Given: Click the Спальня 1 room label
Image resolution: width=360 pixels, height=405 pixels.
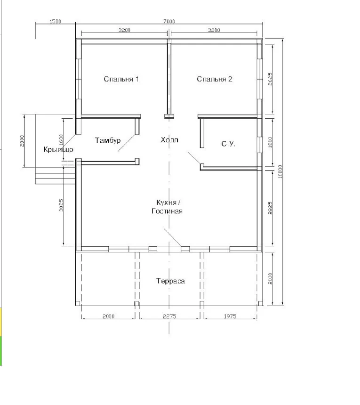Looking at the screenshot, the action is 121,79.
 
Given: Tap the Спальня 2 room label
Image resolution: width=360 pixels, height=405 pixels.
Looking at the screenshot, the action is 215,79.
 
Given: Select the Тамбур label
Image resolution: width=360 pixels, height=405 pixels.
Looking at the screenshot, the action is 108,140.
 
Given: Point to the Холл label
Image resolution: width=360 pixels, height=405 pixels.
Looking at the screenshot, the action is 169,140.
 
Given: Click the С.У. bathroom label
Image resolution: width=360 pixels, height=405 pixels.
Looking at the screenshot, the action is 228,144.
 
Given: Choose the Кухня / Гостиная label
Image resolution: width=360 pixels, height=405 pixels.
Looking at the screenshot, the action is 167,207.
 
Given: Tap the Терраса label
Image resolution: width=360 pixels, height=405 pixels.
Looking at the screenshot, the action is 170,281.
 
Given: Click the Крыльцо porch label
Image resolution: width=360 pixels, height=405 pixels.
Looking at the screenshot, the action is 58,149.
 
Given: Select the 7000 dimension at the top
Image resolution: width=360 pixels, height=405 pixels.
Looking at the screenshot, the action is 169,21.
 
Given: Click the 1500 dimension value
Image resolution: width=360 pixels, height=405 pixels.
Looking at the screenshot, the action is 55,21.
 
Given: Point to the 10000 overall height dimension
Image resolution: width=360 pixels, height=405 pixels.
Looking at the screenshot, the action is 280,171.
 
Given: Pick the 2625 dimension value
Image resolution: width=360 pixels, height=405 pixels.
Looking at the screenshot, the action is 270,79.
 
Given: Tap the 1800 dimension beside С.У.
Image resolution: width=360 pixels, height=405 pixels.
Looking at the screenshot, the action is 270,142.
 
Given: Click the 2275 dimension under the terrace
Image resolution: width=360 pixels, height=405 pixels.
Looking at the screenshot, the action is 169,316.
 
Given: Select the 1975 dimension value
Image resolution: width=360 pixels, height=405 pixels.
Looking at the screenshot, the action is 230,316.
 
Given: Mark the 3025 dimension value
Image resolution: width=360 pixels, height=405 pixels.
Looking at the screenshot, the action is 61,205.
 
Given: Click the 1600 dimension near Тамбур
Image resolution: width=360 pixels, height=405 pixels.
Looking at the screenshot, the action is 61,140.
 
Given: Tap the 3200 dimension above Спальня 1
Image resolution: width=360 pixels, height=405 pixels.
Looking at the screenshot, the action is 124,30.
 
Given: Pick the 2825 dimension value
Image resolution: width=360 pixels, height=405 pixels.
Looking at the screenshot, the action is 270,208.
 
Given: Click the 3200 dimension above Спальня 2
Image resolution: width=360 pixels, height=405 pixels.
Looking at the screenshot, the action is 214,30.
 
